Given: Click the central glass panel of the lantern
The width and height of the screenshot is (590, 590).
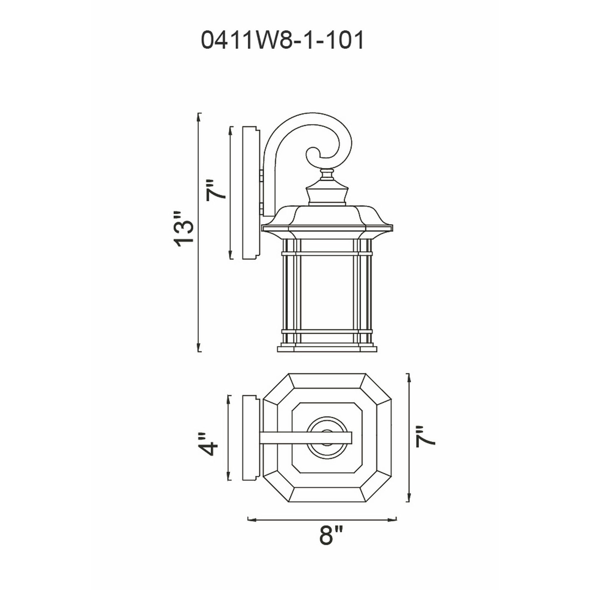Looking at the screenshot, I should tap(327, 293).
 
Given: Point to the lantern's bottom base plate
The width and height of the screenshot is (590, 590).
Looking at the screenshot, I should tap(327, 349).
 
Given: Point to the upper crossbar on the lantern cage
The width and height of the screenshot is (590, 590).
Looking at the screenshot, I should tap(327, 253).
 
